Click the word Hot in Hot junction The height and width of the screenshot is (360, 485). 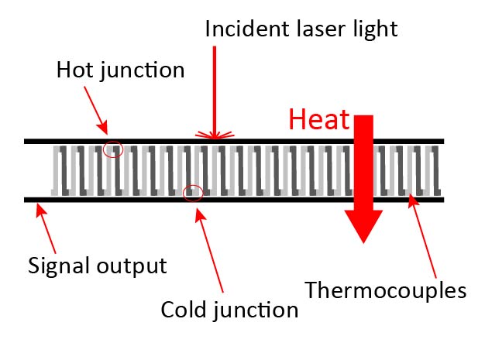pyautogui.click(x=75, y=70)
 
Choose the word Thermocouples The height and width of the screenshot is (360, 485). pyautogui.click(x=385, y=290)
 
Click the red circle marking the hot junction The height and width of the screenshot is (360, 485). pyautogui.click(x=113, y=149)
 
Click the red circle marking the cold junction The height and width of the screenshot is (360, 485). pyautogui.click(x=192, y=193)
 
